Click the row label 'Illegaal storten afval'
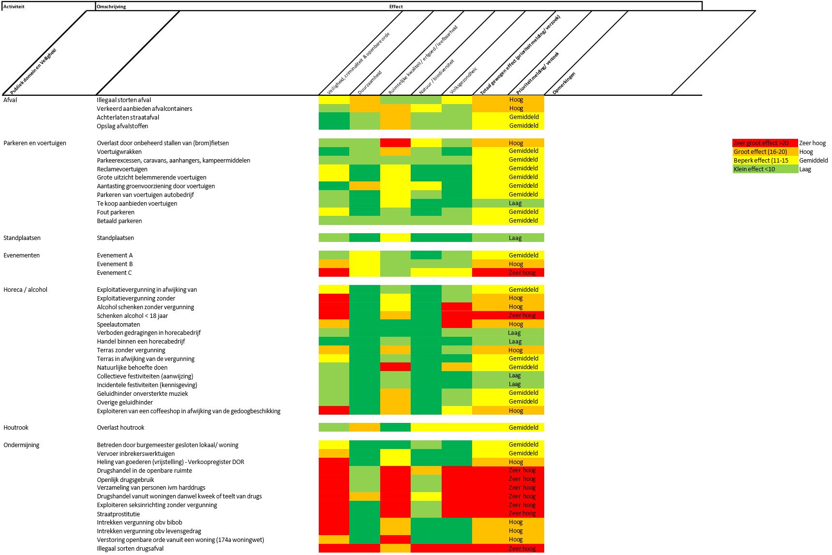pyautogui.click(x=124, y=100)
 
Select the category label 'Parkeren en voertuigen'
pyautogui.click(x=35, y=143)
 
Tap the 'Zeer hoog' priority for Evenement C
pyautogui.click(x=522, y=273)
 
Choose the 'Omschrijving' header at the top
pyautogui.click(x=112, y=7)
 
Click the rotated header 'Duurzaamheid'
pyautogui.click(x=370, y=82)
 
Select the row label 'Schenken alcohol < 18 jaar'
pyautogui.click(x=133, y=316)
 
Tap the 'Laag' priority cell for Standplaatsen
pyautogui.click(x=515, y=238)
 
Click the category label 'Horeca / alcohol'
pyautogui.click(x=26, y=290)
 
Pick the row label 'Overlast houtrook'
pyautogui.click(x=120, y=428)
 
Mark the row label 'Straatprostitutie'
pyautogui.click(x=119, y=514)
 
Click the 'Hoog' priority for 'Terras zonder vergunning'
pyautogui.click(x=516, y=350)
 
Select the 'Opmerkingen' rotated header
pyautogui.click(x=564, y=83)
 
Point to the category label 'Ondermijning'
pyautogui.click(x=21, y=445)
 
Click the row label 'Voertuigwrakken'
pyautogui.click(x=119, y=152)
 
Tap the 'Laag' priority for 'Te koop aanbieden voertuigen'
pyautogui.click(x=515, y=204)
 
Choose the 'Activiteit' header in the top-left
pyautogui.click(x=14, y=7)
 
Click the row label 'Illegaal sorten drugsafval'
pyautogui.click(x=130, y=549)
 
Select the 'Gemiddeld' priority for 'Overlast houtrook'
pyautogui.click(x=523, y=428)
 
